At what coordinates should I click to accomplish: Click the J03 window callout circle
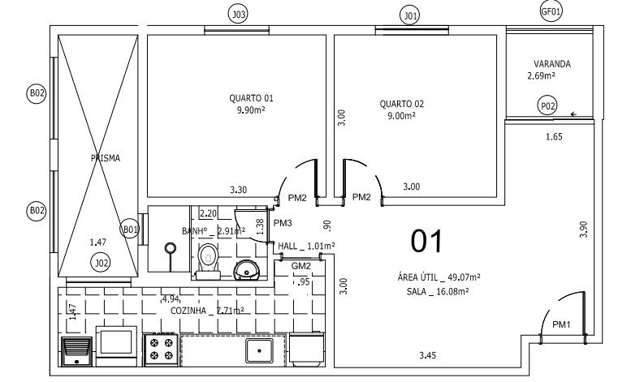click(239, 14)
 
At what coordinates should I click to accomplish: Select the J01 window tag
click(411, 15)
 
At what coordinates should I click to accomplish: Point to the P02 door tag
click(548, 105)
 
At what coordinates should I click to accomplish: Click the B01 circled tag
click(131, 230)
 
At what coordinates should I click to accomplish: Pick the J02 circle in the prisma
click(101, 262)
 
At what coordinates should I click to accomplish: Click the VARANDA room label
click(552, 64)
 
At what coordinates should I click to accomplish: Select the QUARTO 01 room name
click(245, 97)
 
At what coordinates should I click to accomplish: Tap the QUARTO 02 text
click(401, 104)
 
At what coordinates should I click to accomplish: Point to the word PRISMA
click(105, 159)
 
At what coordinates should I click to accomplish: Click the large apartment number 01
click(427, 241)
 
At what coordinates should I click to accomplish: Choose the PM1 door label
click(562, 324)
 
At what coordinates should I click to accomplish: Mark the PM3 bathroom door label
click(282, 223)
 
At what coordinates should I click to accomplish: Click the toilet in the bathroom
click(208, 260)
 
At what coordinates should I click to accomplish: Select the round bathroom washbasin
click(245, 268)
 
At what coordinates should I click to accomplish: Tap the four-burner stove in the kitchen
click(161, 350)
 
